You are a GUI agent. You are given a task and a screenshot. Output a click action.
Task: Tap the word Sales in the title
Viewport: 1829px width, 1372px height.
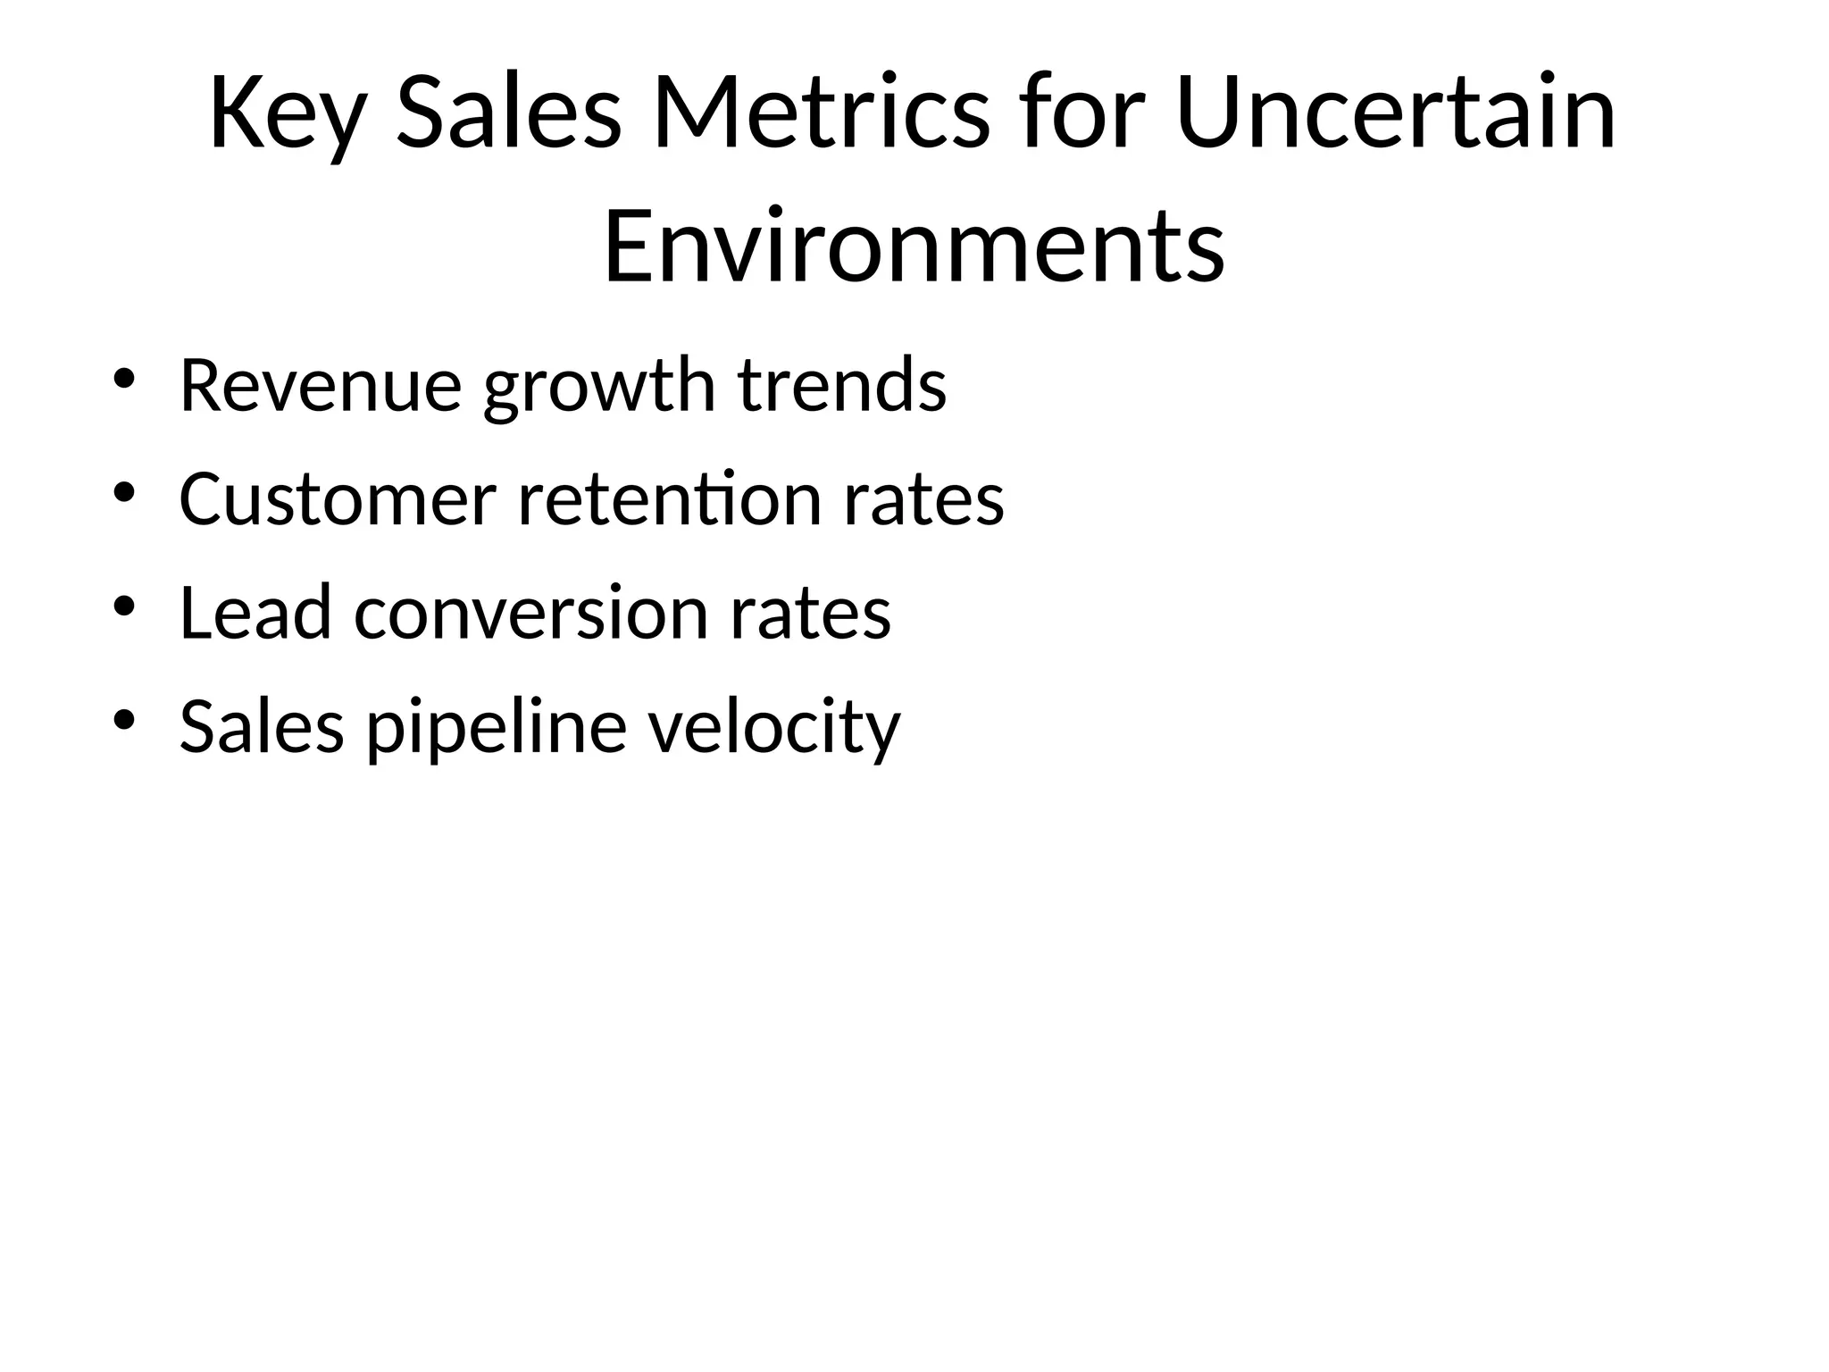click(x=507, y=113)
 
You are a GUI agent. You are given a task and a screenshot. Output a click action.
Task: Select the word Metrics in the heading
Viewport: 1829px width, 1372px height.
click(x=821, y=113)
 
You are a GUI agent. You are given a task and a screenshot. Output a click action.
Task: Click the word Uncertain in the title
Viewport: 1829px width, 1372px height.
click(x=1396, y=113)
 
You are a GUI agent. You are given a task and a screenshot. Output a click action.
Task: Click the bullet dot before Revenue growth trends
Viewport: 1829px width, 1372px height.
click(x=124, y=379)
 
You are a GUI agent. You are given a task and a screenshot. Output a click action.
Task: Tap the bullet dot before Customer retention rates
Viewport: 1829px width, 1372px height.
click(x=124, y=492)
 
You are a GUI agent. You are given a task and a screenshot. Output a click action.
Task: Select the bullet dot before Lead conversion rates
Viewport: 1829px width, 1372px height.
click(x=124, y=607)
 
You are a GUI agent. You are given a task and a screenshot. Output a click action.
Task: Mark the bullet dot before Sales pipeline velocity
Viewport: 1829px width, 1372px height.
click(x=124, y=720)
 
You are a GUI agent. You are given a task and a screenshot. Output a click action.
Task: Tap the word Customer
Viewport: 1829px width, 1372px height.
click(x=338, y=499)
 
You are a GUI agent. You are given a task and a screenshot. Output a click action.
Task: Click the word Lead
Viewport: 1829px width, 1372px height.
click(x=255, y=613)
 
